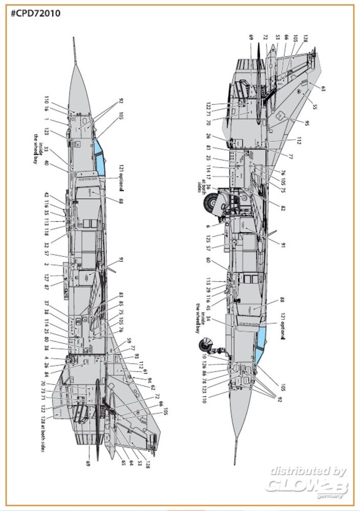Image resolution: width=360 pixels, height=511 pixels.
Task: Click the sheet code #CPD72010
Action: (x=35, y=13)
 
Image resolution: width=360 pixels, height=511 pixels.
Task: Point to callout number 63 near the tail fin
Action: (x=323, y=88)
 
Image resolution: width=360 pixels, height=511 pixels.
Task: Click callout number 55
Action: (x=314, y=107)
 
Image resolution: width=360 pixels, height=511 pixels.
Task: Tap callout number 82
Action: (x=283, y=207)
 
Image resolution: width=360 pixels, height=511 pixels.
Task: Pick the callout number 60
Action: (x=208, y=260)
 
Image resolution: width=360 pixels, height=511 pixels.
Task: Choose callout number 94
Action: (x=149, y=381)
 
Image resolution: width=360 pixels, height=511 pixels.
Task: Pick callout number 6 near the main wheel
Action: (x=208, y=226)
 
